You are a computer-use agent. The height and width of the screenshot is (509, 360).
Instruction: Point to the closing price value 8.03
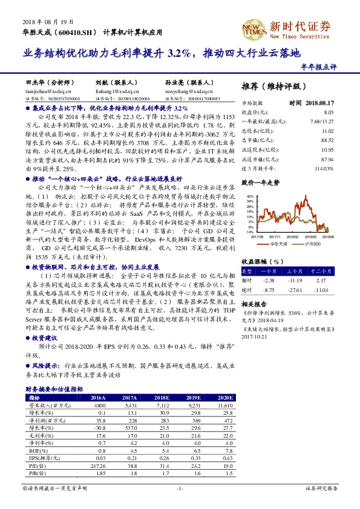tap(329, 112)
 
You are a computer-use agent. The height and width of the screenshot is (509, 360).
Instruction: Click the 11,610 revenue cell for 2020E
tap(224, 405)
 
